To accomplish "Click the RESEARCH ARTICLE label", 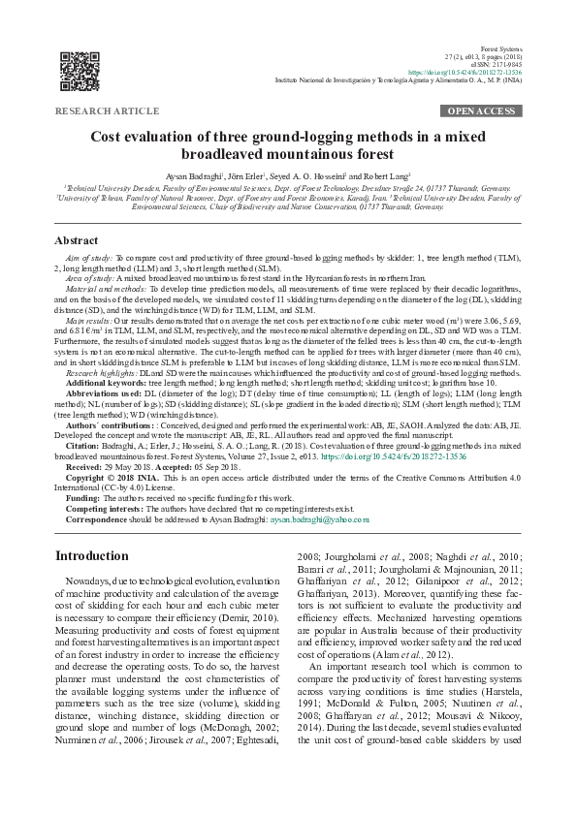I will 109,112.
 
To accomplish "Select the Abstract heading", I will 76,240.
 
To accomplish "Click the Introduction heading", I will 91,555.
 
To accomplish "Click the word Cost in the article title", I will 108,138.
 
